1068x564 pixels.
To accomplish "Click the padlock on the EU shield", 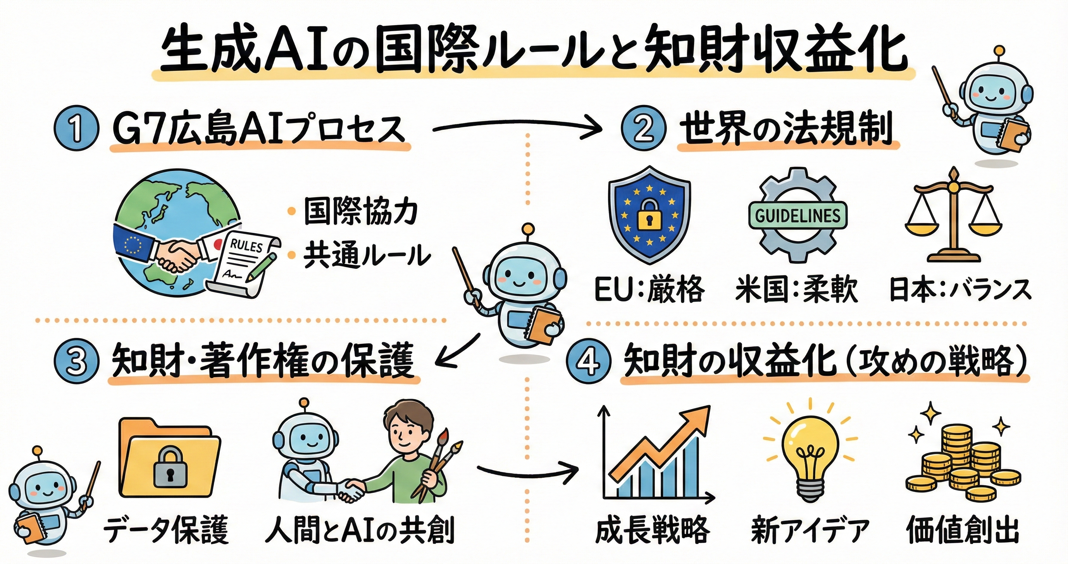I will coord(649,216).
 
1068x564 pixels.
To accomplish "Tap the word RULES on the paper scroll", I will coord(246,246).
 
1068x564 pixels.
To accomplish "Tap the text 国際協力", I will coord(360,211).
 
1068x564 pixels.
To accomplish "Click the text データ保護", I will coord(166,529).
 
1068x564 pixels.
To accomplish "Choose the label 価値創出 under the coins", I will coord(962,529).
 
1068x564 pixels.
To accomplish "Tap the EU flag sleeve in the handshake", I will coord(132,243).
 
